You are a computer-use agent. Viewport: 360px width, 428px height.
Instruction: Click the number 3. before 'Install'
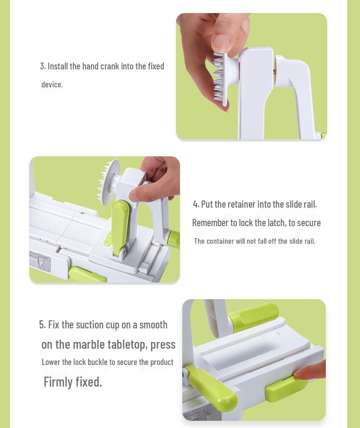click(x=43, y=66)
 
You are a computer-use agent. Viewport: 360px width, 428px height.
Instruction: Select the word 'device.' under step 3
click(x=52, y=85)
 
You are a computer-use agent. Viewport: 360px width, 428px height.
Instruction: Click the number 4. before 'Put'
click(x=196, y=205)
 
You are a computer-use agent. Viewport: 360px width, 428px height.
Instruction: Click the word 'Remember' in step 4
click(x=210, y=223)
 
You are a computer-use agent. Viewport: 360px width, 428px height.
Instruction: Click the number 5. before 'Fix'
click(x=42, y=325)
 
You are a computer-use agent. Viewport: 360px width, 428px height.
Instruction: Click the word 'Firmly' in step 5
click(x=58, y=382)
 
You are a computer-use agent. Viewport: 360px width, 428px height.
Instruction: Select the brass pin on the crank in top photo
click(x=274, y=71)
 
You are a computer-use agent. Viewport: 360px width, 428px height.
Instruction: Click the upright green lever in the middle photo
click(x=120, y=228)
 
